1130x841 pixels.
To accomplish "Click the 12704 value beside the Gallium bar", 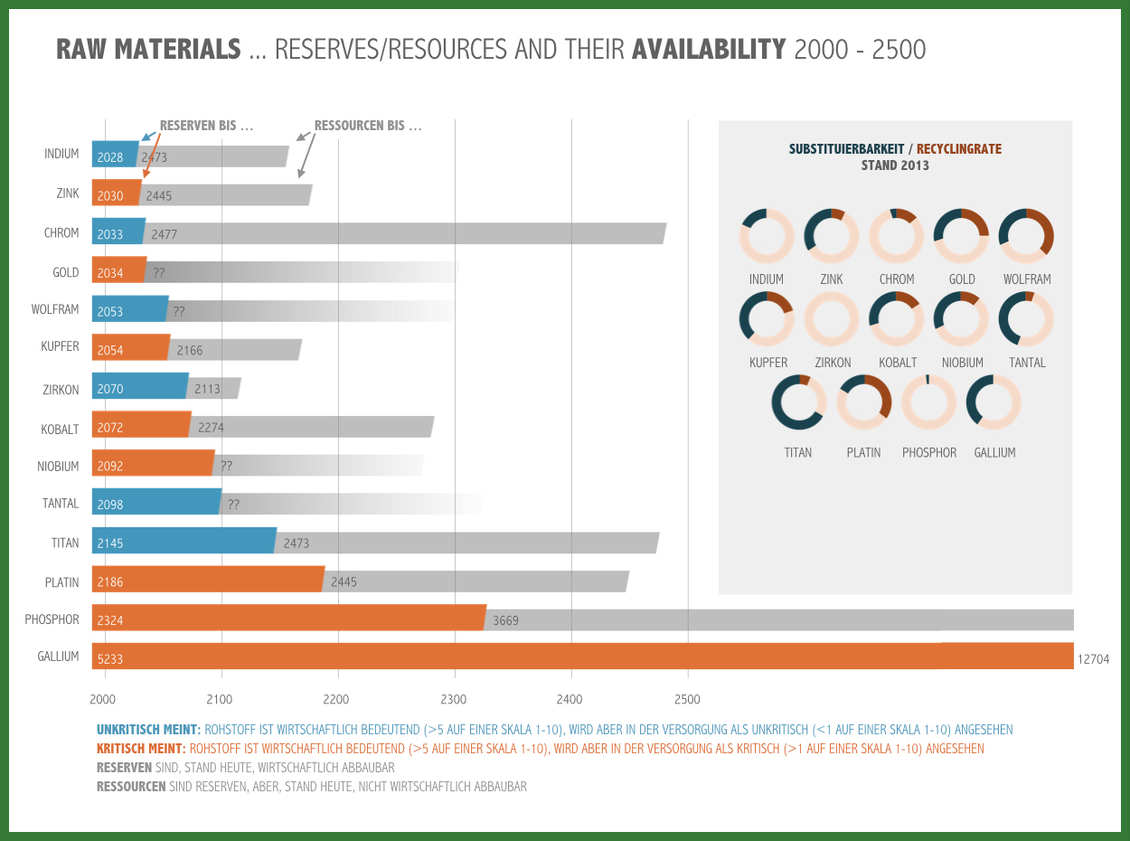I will pos(1093,659).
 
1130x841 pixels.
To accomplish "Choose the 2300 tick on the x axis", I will pos(454,699).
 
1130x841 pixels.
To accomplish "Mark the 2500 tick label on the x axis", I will pos(687,699).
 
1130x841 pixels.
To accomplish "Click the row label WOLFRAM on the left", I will pos(55,309).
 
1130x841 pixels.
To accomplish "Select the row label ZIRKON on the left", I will pos(61,390).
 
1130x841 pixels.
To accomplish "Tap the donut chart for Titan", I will pos(798,402).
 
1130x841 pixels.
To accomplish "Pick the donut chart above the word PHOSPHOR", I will pos(928,402).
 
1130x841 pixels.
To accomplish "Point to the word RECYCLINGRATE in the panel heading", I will pos(959,149).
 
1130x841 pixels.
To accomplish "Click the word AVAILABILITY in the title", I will pos(709,49).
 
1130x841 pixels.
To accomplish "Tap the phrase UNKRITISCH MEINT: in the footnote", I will pos(149,730).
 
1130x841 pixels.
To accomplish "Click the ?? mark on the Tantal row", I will pos(233,505).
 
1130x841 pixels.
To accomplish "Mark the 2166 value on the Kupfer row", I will pos(191,350).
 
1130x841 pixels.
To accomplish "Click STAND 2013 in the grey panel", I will pos(895,165).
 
